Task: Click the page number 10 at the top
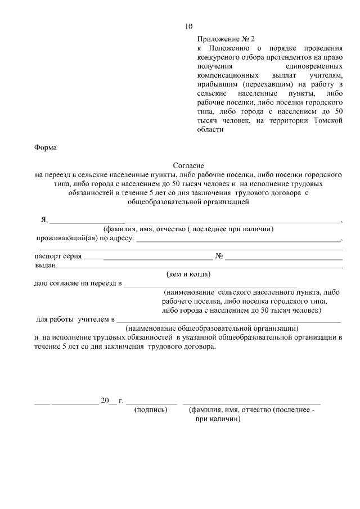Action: (188, 26)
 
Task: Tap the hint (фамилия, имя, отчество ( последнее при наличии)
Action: (188, 229)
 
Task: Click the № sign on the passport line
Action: (219, 256)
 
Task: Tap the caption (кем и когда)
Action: (188, 274)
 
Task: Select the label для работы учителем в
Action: (75, 319)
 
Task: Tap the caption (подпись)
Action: (151, 410)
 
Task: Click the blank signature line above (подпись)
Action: (152, 403)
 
